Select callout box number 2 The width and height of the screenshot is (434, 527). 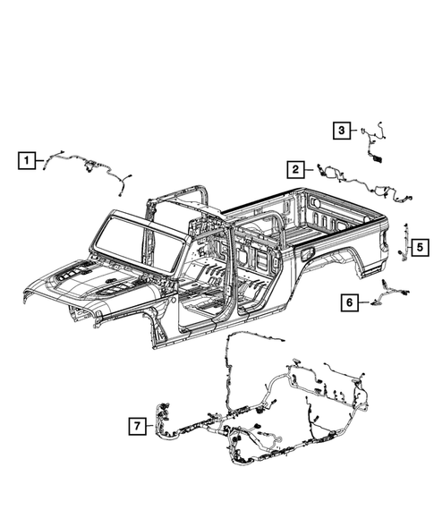pyautogui.click(x=294, y=168)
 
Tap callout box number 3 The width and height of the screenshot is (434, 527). pyautogui.click(x=342, y=131)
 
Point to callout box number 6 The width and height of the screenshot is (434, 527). pyautogui.click(x=347, y=302)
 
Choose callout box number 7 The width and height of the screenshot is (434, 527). pyautogui.click(x=136, y=428)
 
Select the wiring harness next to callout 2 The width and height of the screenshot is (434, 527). pyautogui.click(x=358, y=183)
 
